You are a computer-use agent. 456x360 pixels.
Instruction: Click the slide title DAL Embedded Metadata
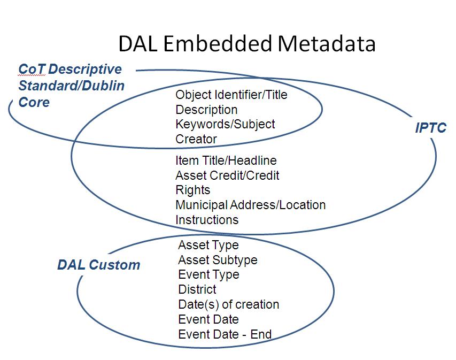click(246, 44)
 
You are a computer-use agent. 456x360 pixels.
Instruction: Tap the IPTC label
click(430, 128)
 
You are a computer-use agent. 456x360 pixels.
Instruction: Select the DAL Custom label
click(98, 265)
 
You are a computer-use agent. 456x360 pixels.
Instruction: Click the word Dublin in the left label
click(103, 86)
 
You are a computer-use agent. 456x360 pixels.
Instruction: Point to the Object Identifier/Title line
click(231, 95)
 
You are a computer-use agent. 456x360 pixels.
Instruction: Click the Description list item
click(206, 110)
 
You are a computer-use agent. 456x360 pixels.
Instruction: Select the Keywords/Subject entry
click(225, 124)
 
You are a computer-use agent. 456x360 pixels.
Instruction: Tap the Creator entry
click(196, 139)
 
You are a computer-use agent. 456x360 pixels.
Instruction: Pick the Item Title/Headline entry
click(226, 160)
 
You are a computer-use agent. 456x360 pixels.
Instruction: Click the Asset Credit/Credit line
click(227, 175)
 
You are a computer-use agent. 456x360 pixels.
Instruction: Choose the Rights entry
click(192, 190)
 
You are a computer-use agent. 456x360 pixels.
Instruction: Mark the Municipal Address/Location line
click(250, 205)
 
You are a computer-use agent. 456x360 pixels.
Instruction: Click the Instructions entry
click(207, 220)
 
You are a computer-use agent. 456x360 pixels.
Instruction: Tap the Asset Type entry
click(208, 245)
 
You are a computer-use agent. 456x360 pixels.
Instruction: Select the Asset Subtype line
click(218, 260)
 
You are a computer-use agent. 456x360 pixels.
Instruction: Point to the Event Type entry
click(208, 274)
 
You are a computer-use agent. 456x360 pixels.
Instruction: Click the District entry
click(197, 289)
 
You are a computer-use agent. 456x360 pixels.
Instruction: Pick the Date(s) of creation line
click(228, 304)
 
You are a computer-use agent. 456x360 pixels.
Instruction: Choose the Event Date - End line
click(225, 334)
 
